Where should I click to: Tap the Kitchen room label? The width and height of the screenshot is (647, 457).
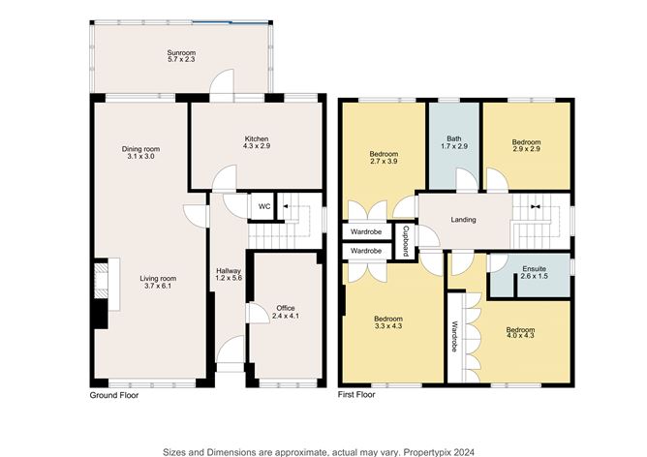click(256, 139)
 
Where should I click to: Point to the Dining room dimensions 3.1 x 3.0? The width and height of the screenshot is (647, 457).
click(140, 157)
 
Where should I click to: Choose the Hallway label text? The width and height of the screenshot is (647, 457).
click(228, 272)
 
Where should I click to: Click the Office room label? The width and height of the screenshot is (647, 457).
click(285, 311)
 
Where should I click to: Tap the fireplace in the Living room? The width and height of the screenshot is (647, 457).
click(101, 290)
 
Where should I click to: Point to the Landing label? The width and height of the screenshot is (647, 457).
click(463, 220)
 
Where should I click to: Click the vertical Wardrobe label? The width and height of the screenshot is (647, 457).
click(453, 334)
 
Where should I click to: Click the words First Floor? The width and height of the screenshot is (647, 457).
click(357, 396)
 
